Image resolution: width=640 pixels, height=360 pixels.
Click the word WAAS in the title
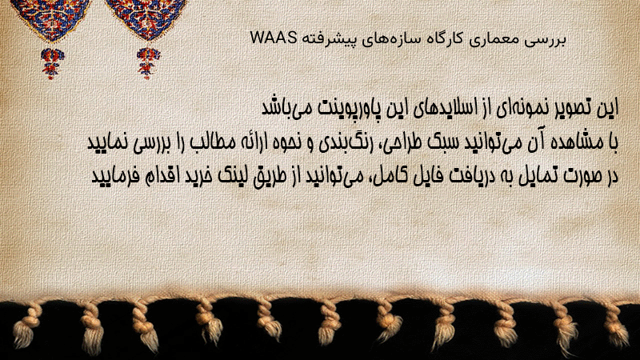(x=273, y=38)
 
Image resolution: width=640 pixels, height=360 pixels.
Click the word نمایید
(x=108, y=143)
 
